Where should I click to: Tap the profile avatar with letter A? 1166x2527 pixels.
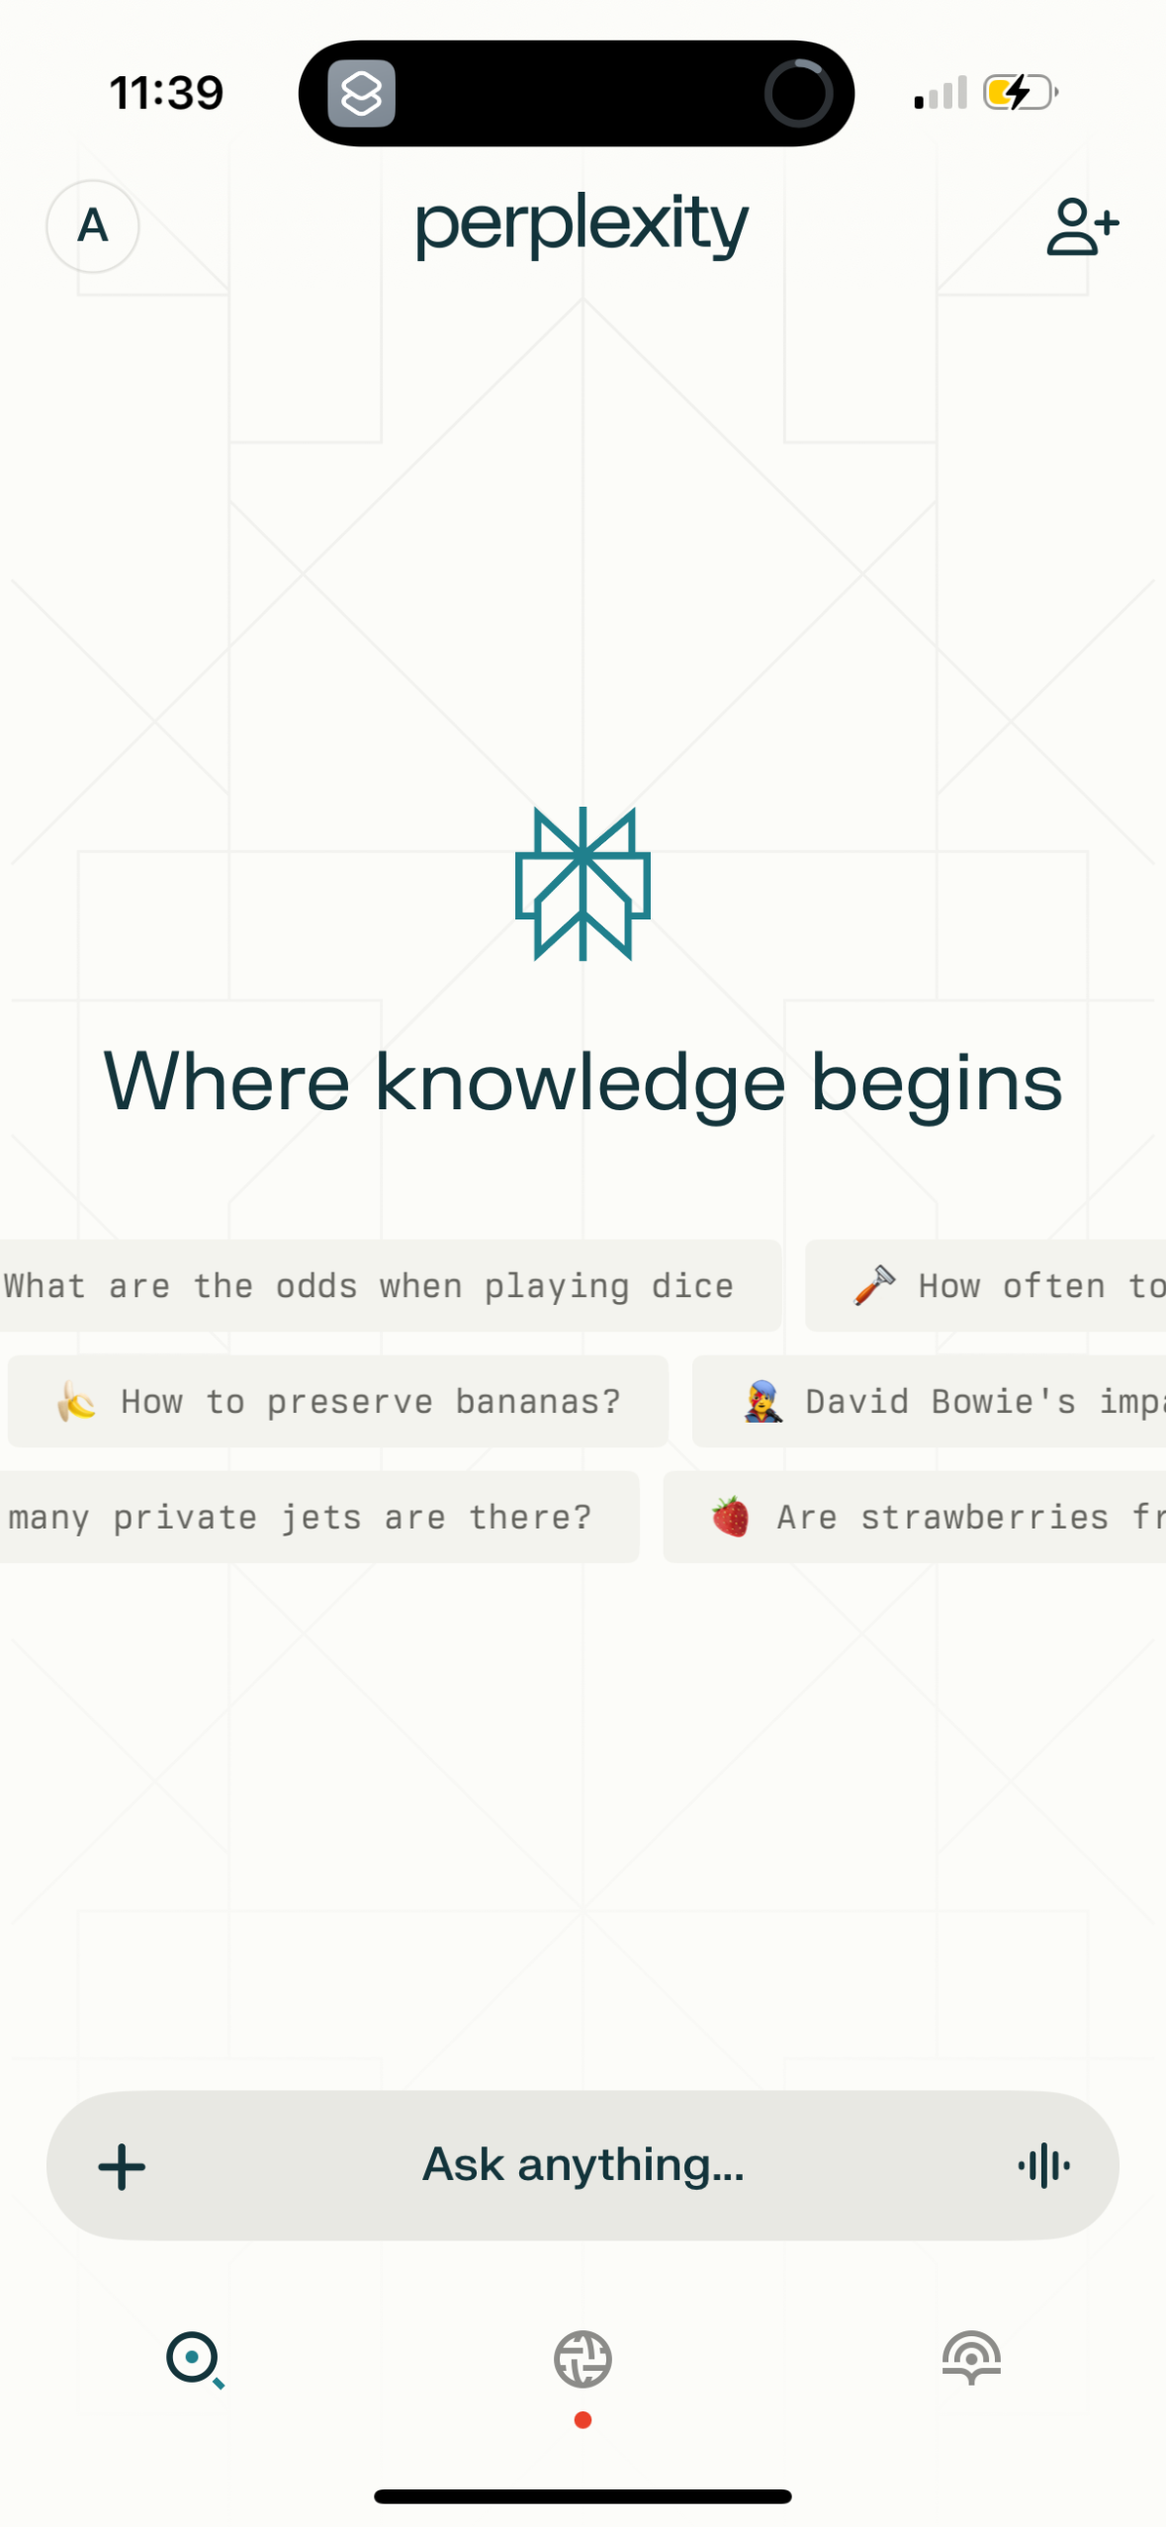pyautogui.click(x=93, y=226)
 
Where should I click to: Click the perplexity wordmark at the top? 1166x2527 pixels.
pyautogui.click(x=582, y=224)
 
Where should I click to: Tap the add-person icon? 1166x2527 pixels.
pyautogui.click(x=1083, y=226)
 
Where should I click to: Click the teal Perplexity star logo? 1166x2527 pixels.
pyautogui.click(x=583, y=884)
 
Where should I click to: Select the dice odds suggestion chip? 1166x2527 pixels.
pyautogui.click(x=390, y=1285)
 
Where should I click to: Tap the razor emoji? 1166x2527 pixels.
pyautogui.click(x=874, y=1285)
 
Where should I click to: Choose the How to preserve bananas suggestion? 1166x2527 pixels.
pyautogui.click(x=338, y=1401)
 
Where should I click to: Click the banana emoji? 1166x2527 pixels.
pyautogui.click(x=76, y=1401)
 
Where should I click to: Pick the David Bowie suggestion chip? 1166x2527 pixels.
pyautogui.click(x=930, y=1401)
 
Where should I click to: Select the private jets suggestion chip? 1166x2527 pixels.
pyautogui.click(x=318, y=1517)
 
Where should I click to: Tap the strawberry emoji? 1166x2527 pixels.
pyautogui.click(x=731, y=1517)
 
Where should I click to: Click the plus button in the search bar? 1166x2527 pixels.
pyautogui.click(x=122, y=2166)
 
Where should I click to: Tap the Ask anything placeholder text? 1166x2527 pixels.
pyautogui.click(x=583, y=2164)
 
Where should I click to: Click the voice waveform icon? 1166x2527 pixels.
pyautogui.click(x=1043, y=2166)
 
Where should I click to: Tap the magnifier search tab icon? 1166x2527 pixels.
pyautogui.click(x=195, y=2360)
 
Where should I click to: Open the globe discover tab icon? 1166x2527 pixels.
pyautogui.click(x=583, y=2359)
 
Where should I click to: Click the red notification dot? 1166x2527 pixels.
pyautogui.click(x=583, y=2419)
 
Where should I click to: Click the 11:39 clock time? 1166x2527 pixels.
pyautogui.click(x=166, y=93)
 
